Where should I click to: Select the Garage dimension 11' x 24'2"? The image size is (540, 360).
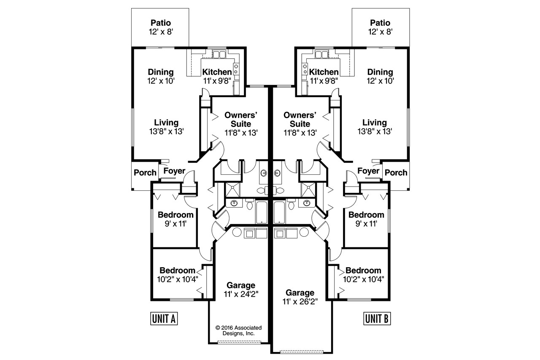(240, 294)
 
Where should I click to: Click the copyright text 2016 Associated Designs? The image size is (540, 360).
(238, 330)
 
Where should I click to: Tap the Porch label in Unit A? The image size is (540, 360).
(145, 173)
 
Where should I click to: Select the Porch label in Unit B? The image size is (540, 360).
(396, 173)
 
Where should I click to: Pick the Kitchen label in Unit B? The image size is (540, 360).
(324, 72)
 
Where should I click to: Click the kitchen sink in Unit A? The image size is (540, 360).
(219, 54)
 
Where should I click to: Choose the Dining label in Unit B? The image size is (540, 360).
(380, 72)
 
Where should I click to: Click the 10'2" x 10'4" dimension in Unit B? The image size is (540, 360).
(363, 279)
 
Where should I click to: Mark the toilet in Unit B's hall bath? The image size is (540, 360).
(291, 204)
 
